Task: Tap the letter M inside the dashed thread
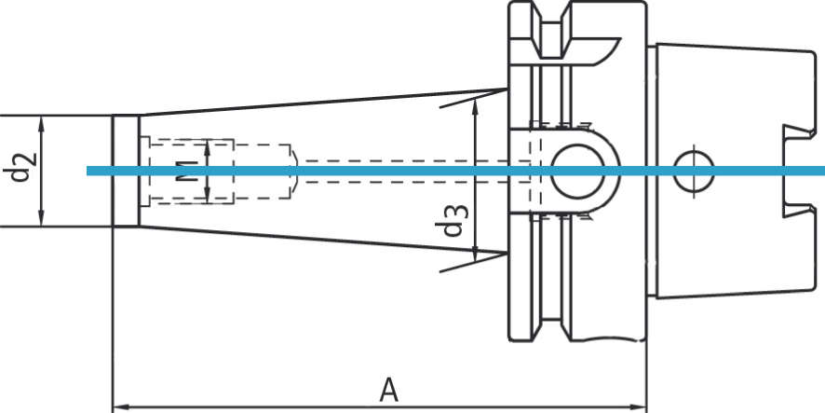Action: (186, 171)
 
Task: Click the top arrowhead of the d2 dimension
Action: (42, 121)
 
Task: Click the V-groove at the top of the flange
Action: (556, 28)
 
